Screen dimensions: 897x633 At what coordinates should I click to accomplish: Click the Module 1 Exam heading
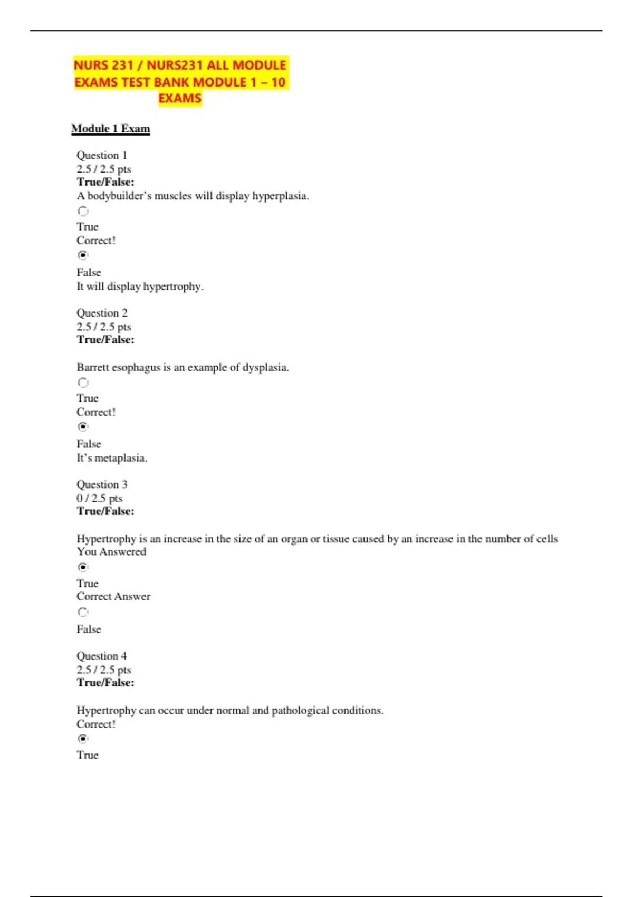click(x=110, y=129)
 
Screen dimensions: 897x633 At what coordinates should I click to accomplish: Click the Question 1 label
click(x=102, y=155)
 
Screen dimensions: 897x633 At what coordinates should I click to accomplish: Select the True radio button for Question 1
click(x=83, y=211)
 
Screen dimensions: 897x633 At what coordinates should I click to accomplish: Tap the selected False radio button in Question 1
click(x=83, y=255)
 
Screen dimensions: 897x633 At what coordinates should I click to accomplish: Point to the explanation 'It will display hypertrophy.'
click(x=140, y=287)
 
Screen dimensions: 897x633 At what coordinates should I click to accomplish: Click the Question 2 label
click(x=102, y=313)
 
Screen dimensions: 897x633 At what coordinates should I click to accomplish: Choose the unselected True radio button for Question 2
click(x=83, y=383)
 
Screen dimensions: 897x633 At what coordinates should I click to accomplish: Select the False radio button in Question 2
click(x=83, y=426)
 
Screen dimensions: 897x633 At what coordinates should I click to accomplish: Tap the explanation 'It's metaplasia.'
click(x=112, y=458)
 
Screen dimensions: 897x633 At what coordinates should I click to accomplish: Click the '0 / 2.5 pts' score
click(x=99, y=498)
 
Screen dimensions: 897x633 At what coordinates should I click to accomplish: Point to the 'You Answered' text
click(x=111, y=552)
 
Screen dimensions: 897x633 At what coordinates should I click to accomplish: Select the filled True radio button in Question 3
click(x=83, y=567)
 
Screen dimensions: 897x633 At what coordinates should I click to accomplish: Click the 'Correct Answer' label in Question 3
click(x=113, y=596)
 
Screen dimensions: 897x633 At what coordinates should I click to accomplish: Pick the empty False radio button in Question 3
click(x=83, y=612)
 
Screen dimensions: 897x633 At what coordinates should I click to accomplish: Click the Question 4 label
click(x=102, y=656)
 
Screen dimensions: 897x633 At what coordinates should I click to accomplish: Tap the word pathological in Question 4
click(x=300, y=711)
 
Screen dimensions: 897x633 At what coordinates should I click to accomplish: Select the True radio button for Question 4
click(x=83, y=739)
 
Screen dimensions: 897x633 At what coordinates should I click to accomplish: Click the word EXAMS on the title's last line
click(x=180, y=99)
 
